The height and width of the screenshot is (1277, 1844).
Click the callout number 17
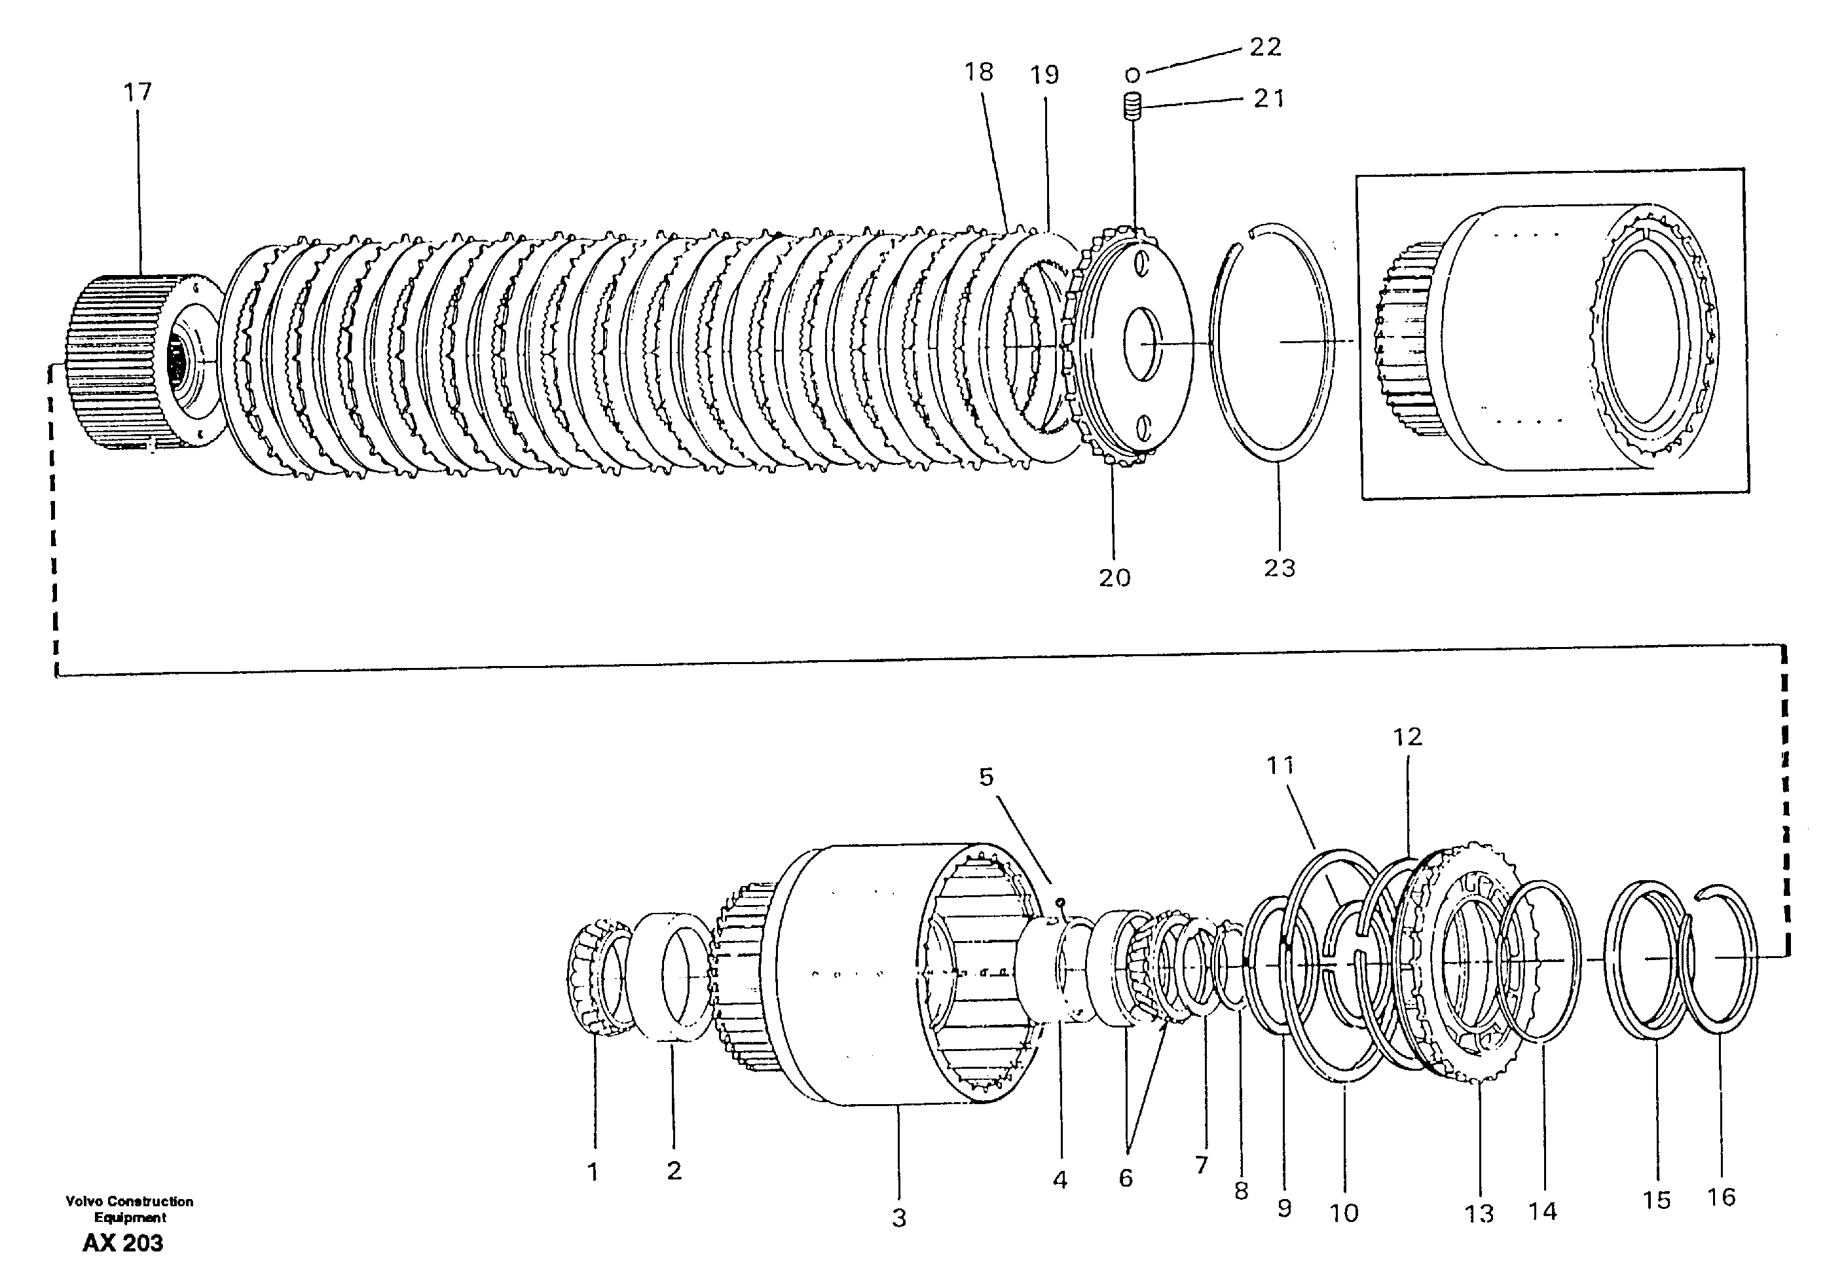tap(137, 92)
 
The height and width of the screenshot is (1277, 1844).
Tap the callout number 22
tap(1264, 47)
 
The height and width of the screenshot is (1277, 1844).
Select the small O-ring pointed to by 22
tap(1132, 76)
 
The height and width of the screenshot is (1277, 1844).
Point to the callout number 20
tap(1115, 578)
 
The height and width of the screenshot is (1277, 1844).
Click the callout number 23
tap(1279, 568)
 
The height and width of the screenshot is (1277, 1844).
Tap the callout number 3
tap(899, 1219)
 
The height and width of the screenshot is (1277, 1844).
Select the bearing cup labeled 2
tap(671, 976)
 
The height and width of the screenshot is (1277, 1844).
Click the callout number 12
tap(1407, 737)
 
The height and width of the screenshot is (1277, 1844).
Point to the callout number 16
tap(1721, 1197)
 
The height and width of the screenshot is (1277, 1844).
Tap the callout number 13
tap(1479, 1213)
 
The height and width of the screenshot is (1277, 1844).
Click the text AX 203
tap(122, 1242)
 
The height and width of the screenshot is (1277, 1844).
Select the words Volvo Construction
tap(129, 1201)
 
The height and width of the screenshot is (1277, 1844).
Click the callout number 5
tap(986, 777)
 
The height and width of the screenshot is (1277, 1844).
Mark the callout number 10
tap(1344, 1213)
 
